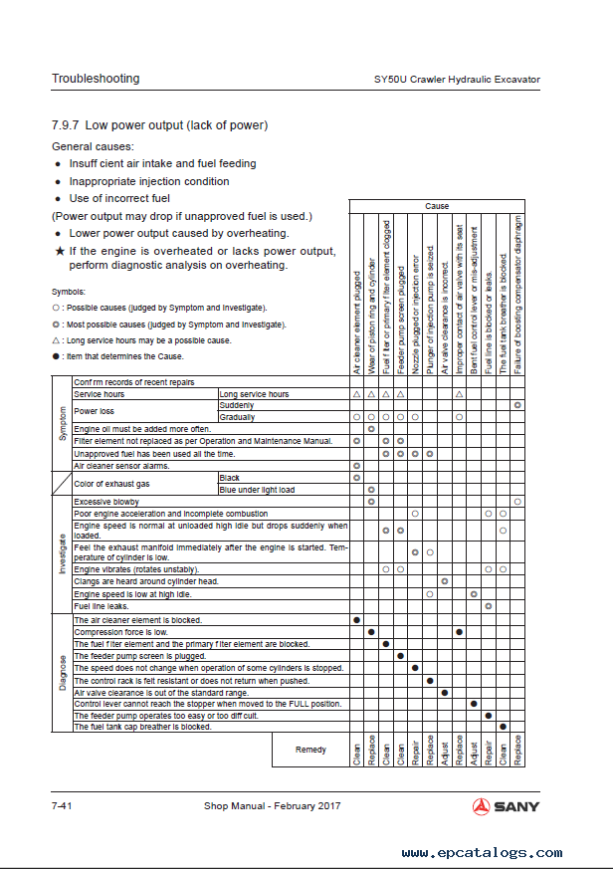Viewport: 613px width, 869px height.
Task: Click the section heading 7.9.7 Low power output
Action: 159,125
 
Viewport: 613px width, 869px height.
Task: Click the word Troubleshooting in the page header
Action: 96,79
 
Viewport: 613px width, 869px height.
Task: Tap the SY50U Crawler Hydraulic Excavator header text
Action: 457,79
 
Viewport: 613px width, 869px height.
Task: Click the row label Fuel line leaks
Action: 102,605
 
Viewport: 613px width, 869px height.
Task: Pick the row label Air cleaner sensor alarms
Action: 121,465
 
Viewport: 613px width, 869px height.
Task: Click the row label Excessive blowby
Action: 106,502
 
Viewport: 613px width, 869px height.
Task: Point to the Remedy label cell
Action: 310,750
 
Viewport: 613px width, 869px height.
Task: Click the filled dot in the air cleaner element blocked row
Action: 356,619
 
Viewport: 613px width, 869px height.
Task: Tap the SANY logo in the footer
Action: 506,806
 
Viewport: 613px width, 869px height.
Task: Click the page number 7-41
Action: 65,805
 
